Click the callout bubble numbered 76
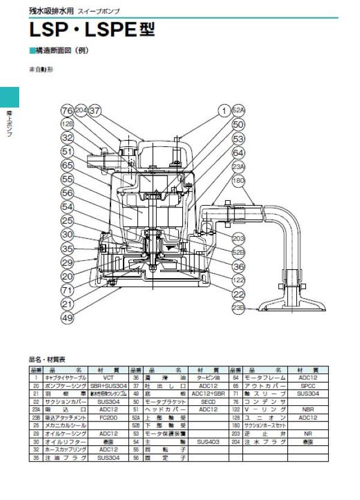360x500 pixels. click(67, 111)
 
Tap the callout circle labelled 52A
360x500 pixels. click(239, 111)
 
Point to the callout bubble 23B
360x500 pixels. click(239, 308)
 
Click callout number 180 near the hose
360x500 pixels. click(239, 180)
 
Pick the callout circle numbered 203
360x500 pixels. click(239, 238)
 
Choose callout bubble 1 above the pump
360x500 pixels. click(223, 111)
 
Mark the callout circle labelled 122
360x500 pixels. click(239, 279)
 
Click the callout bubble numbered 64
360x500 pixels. click(239, 152)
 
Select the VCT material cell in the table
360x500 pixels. click(108, 378)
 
